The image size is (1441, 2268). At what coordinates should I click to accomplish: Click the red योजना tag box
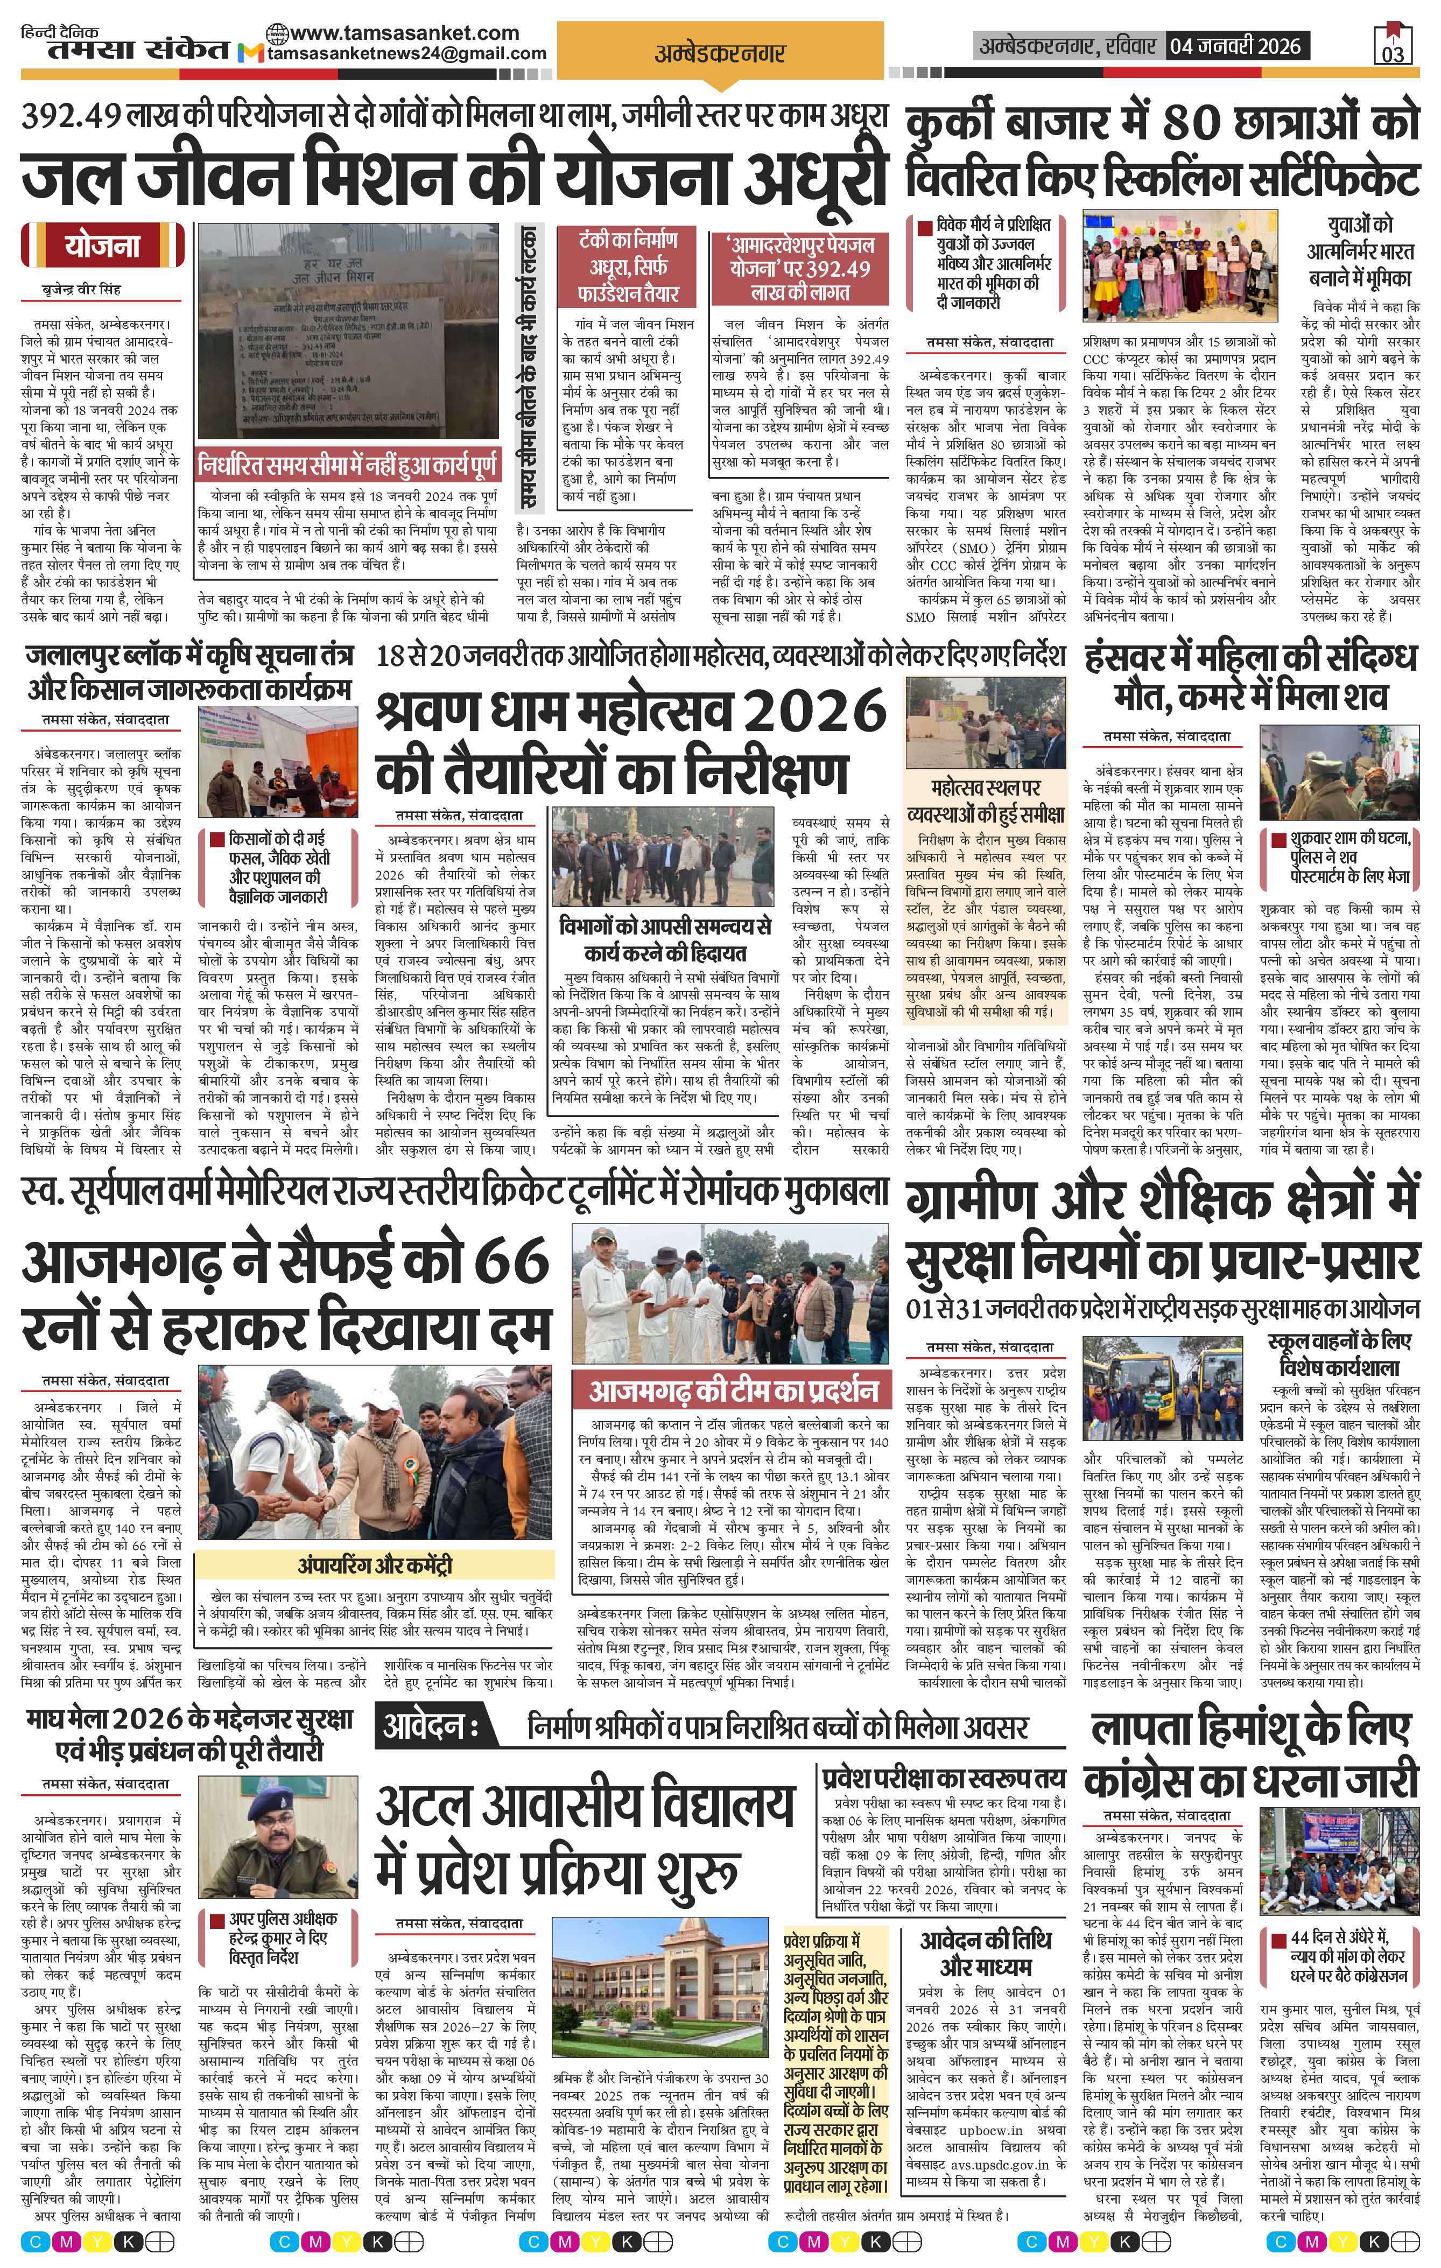103,246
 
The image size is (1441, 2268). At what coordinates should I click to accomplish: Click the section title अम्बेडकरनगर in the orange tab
720,54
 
